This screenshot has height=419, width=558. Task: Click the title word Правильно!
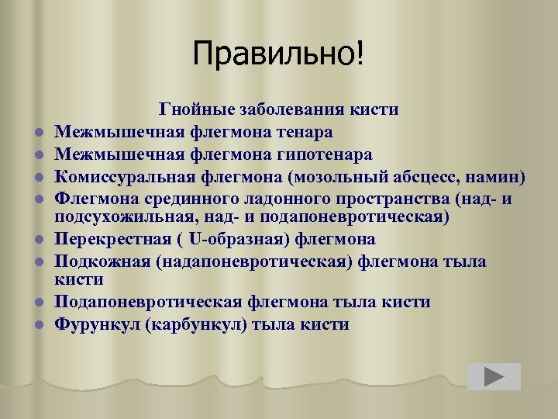click(278, 54)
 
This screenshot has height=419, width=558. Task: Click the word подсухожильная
click(112, 215)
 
